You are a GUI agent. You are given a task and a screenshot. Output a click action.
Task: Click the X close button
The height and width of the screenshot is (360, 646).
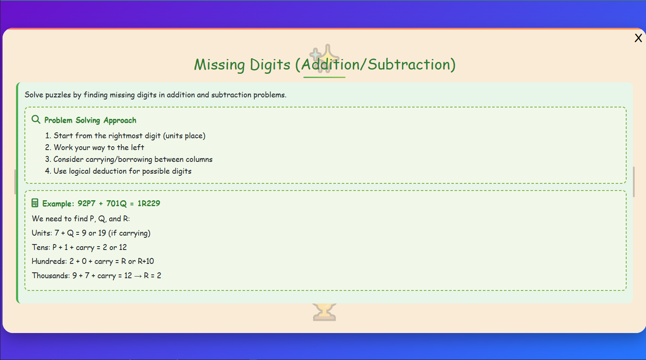click(x=638, y=38)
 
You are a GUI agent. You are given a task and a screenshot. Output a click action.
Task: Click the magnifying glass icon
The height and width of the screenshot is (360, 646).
click(x=36, y=120)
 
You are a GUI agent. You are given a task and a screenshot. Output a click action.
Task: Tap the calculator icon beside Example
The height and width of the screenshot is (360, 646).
click(x=35, y=203)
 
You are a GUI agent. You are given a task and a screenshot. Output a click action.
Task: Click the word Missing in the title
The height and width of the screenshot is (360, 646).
click(x=219, y=64)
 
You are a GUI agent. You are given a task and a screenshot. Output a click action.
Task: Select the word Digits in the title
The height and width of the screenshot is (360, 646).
click(x=270, y=64)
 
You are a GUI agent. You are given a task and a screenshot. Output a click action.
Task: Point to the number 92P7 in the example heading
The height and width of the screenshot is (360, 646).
click(x=86, y=203)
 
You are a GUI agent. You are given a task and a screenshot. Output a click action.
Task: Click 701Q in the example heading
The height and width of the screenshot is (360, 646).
click(x=116, y=203)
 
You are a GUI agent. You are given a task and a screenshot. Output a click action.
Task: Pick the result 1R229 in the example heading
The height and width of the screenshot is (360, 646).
click(x=149, y=203)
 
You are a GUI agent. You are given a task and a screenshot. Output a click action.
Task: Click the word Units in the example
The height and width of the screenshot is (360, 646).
click(x=41, y=233)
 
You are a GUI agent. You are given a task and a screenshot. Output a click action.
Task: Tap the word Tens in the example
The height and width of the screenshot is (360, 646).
click(x=40, y=247)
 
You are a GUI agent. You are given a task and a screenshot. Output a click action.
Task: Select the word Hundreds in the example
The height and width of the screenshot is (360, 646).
click(x=48, y=261)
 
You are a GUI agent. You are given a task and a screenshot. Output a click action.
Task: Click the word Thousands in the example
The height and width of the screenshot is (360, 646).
click(x=50, y=276)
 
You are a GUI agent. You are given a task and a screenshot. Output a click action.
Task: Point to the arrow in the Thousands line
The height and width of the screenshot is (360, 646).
click(x=138, y=276)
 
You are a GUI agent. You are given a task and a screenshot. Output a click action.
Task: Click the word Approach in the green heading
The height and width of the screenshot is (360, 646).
click(x=120, y=120)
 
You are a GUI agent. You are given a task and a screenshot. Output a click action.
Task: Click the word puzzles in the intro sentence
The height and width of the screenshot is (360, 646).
click(x=58, y=95)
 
